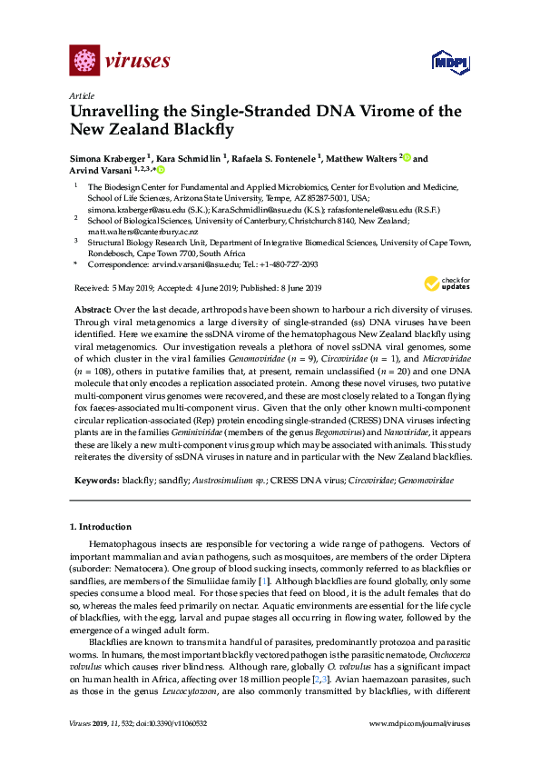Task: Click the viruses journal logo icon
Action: tap(84, 62)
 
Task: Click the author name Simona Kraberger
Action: tap(109, 157)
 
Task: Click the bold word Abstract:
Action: tap(91, 310)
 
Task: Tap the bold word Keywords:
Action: tap(95, 479)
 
